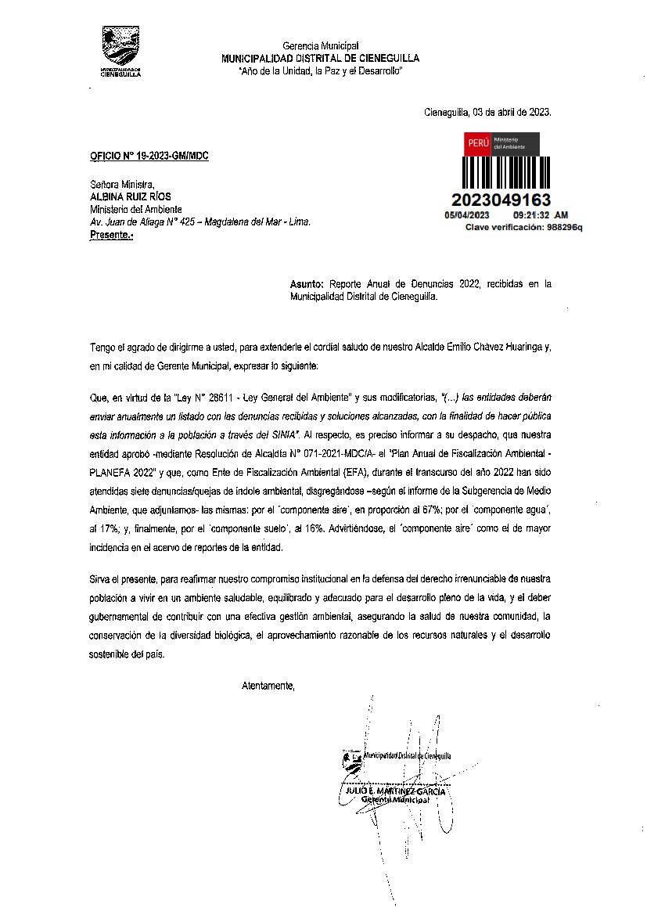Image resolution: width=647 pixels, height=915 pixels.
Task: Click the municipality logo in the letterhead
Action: pos(121,50)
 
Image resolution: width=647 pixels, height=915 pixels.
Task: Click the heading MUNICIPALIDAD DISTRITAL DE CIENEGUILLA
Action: pos(320,59)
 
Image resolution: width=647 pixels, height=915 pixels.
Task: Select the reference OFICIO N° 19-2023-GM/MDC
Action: pos(149,156)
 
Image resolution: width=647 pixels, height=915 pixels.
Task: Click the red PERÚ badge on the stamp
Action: pos(478,144)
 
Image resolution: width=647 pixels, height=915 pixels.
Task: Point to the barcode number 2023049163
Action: pos(501,200)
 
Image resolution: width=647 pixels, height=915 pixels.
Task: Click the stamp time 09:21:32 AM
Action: pos(540,214)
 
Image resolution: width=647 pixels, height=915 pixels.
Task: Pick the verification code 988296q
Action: pos(565,227)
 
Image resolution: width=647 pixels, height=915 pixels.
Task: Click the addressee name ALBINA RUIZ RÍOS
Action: pos(131,197)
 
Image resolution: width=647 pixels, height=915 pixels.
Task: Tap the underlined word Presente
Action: pos(110,234)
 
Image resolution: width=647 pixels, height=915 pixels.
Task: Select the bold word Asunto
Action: pos(307,285)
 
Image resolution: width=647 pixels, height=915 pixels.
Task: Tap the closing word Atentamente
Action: pos(268,686)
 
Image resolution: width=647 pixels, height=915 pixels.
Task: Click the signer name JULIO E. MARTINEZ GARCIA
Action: pos(396,791)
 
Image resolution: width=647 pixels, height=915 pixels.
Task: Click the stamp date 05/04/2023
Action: pos(466,214)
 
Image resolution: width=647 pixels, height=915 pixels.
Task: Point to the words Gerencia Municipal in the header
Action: pos(320,47)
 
